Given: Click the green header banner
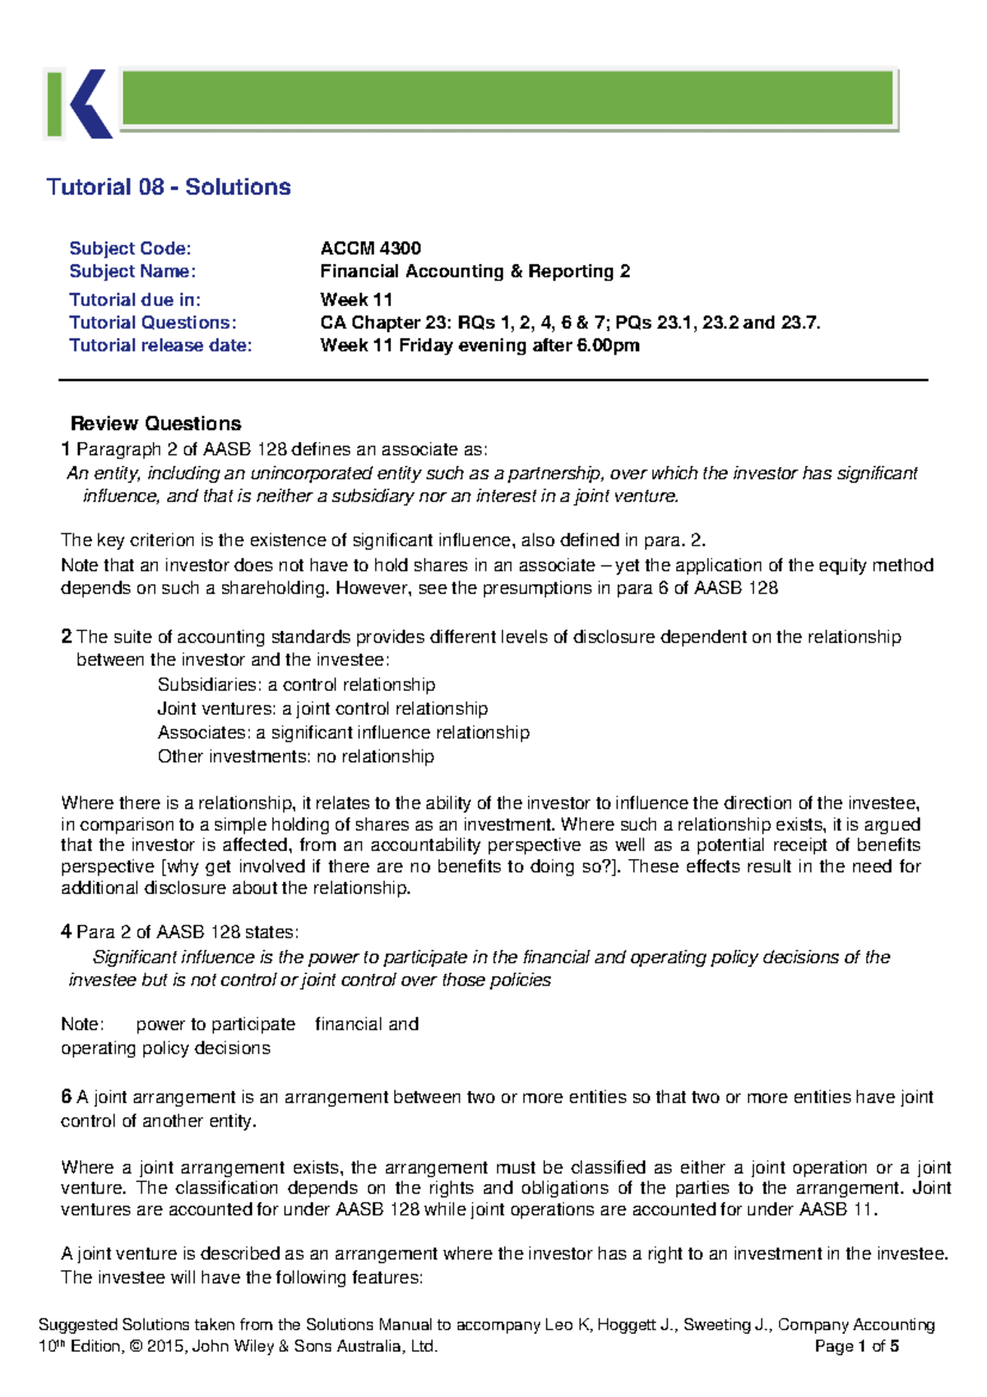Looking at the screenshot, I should click(x=507, y=98).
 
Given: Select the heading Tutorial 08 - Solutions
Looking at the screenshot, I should click(x=169, y=187).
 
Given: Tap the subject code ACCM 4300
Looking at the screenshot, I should click(x=370, y=248).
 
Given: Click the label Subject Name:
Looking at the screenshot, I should click(x=132, y=272).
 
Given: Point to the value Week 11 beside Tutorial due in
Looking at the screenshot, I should click(x=356, y=299).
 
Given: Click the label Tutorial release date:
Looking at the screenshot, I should click(x=160, y=346).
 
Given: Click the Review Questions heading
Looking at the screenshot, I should click(x=155, y=424).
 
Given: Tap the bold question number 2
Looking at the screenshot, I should click(x=66, y=637).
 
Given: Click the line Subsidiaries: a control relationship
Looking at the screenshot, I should click(x=296, y=685).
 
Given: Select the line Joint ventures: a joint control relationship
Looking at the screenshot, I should click(x=322, y=708).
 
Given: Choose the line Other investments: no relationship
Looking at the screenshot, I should click(x=295, y=756).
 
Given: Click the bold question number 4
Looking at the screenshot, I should click(x=66, y=932).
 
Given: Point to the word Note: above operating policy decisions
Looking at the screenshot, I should click(x=82, y=1024).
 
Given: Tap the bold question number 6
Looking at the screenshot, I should click(x=66, y=1097).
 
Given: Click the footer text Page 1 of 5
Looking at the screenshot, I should click(x=856, y=1347).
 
